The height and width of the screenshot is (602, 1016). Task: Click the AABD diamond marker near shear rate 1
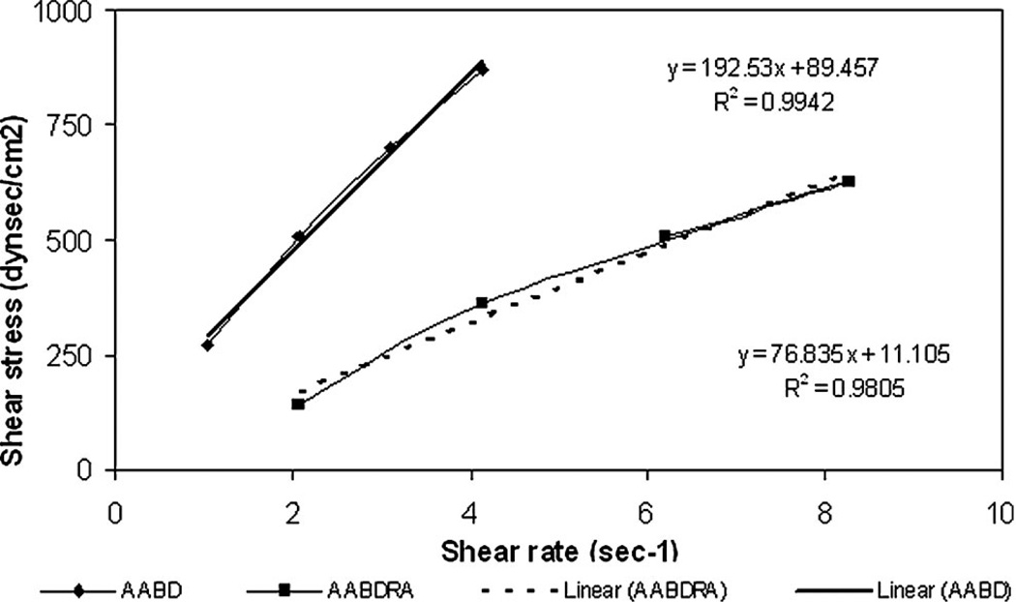207,345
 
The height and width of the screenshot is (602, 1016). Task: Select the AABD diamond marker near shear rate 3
391,147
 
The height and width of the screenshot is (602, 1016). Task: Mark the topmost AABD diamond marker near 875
482,69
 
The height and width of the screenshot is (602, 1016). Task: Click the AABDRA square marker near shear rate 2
298,404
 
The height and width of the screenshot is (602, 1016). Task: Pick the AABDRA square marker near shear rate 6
665,236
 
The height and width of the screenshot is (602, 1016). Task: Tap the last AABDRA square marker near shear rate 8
849,181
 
